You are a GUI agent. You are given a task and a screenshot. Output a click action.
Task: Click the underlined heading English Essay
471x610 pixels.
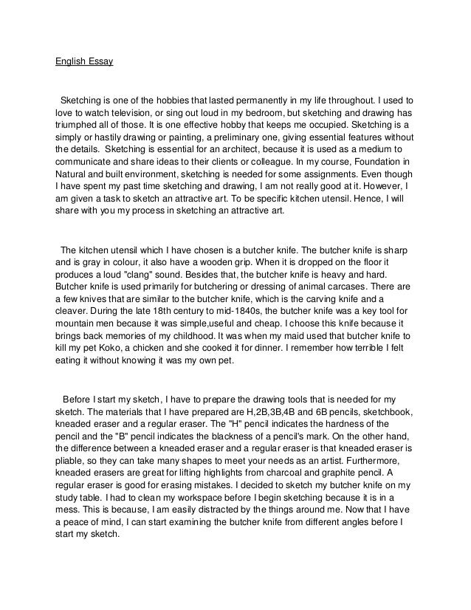click(84, 61)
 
